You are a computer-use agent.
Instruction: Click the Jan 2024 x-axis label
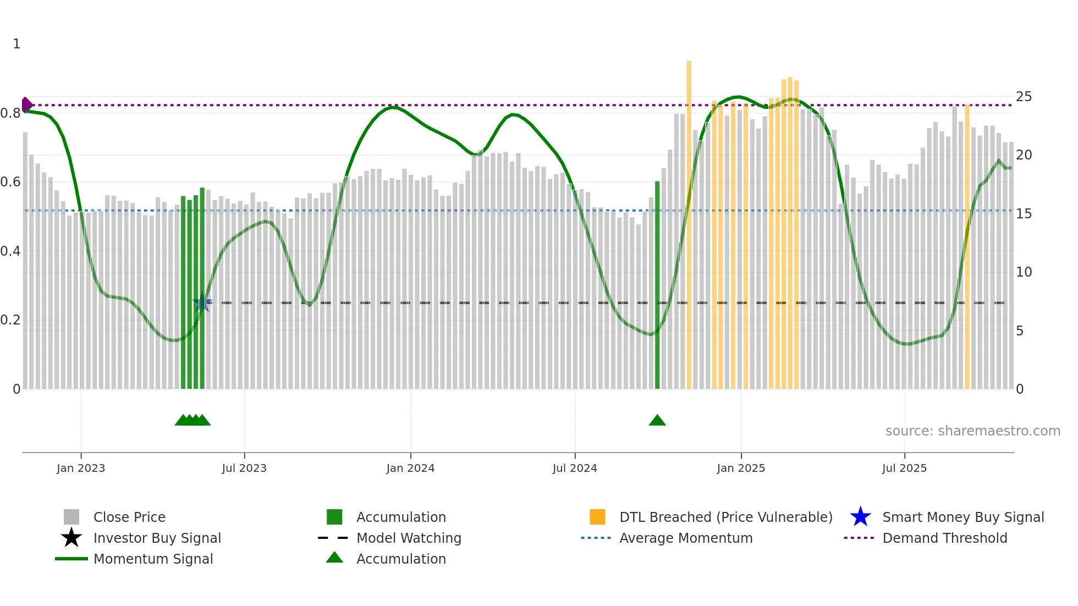410,468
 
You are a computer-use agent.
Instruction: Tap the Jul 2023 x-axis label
244,468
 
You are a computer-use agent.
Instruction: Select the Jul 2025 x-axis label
904,468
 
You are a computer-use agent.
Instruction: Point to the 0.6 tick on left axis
10,182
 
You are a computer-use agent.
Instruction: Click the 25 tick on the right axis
1024,97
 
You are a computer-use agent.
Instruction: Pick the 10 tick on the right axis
1024,272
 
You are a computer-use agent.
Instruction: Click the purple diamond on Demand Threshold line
26,104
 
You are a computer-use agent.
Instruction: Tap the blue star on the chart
202,302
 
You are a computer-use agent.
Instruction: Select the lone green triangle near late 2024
657,421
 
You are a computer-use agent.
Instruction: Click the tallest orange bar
689,220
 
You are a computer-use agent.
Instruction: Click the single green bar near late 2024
657,286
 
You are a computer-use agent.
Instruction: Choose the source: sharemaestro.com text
972,431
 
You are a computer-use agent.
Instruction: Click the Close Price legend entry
129,517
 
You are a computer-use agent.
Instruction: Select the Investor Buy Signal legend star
71,538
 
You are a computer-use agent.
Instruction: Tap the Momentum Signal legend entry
153,559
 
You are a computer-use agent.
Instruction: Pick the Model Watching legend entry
409,538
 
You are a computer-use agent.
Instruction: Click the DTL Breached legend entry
725,517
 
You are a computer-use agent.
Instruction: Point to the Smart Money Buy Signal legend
963,517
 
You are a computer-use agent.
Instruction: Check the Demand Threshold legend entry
944,538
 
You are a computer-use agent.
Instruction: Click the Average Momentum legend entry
685,538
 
